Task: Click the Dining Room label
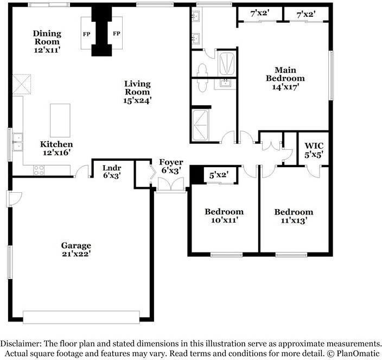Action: tap(47, 41)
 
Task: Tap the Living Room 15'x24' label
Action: tap(137, 92)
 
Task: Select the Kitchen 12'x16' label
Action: tap(56, 148)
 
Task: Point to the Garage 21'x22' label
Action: tap(76, 249)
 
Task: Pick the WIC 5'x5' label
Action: tap(314, 150)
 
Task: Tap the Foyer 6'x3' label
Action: tap(171, 166)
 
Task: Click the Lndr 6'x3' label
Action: tap(111, 172)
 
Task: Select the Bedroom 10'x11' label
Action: tap(224, 216)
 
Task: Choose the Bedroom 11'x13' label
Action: tap(294, 216)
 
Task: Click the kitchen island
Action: tap(60, 120)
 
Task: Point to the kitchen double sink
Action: tap(17, 142)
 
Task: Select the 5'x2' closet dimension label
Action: tap(219, 175)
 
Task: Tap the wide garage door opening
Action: tap(81, 317)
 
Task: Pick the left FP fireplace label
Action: tap(86, 34)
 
